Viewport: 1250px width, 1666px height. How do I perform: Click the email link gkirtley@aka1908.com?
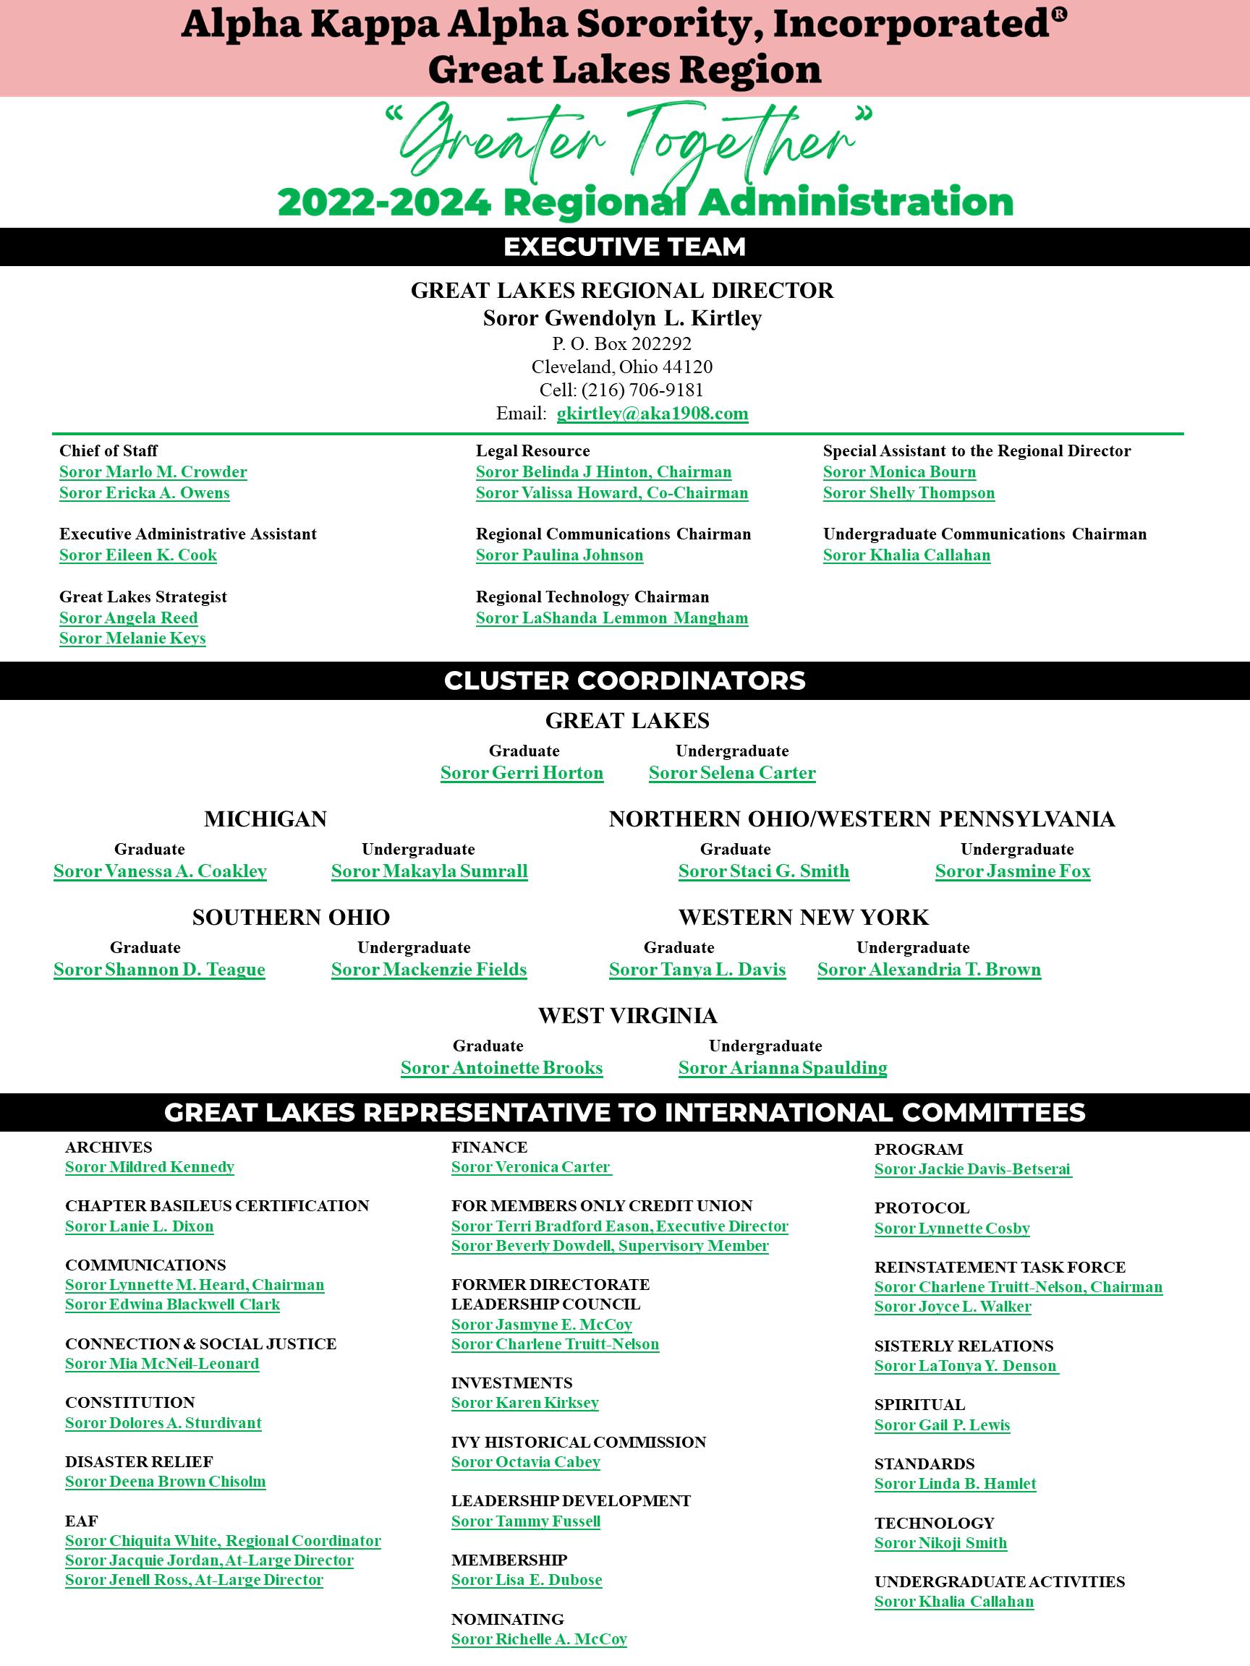[652, 414]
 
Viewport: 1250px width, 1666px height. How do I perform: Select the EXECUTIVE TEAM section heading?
[624, 247]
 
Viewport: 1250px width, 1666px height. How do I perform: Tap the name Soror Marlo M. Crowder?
[153, 472]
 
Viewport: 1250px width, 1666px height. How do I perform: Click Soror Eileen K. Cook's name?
[138, 555]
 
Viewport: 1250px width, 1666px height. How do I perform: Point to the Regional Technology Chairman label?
[592, 597]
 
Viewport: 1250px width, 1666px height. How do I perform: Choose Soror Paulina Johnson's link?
[559, 555]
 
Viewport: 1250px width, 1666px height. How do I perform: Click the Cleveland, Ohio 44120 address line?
[621, 367]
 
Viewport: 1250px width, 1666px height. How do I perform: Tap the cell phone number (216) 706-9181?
[642, 390]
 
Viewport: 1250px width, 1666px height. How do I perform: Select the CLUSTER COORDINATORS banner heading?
[624, 681]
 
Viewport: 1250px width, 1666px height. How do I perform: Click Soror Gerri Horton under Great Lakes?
[522, 773]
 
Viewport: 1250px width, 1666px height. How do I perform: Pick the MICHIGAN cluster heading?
[265, 819]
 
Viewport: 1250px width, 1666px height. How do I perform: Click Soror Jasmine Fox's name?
[1013, 871]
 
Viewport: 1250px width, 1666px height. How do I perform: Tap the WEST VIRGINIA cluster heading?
[627, 1016]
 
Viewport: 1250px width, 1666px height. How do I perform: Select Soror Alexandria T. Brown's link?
[929, 970]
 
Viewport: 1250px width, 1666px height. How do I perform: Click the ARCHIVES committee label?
[109, 1147]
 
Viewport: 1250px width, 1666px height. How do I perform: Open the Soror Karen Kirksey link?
[524, 1402]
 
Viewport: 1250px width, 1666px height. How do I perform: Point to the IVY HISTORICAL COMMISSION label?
[578, 1442]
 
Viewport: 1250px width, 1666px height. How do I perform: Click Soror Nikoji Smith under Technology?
[940, 1542]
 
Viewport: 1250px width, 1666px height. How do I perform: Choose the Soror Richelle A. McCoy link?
[539, 1639]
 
